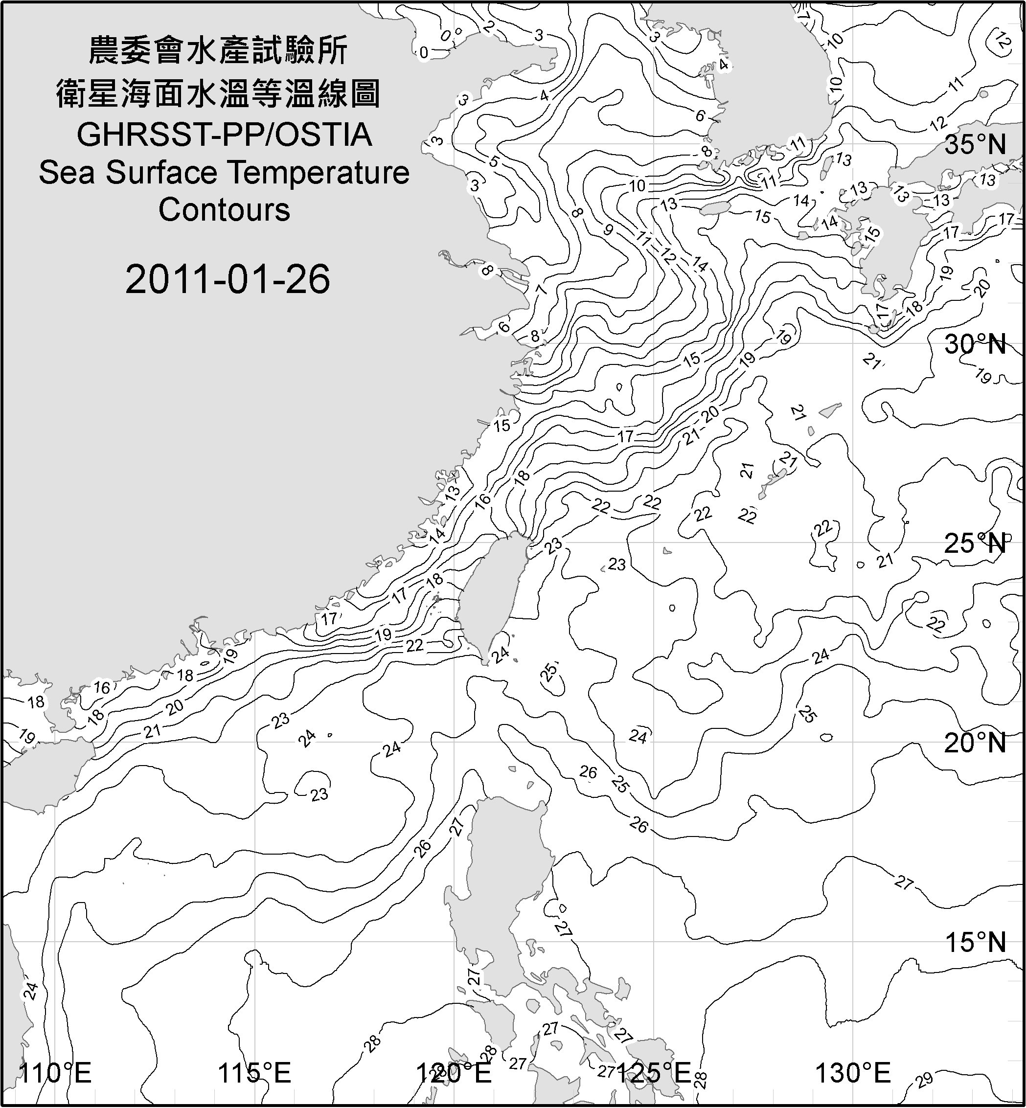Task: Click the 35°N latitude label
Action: [975, 144]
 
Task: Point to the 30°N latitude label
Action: [975, 345]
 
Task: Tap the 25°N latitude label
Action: [975, 543]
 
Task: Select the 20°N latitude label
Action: [975, 743]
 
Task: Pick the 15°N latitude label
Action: [975, 942]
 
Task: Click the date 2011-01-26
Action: [228, 279]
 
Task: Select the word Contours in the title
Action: [224, 210]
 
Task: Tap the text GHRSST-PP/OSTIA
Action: [224, 135]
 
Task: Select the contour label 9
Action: [608, 229]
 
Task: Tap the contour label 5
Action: [494, 161]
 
